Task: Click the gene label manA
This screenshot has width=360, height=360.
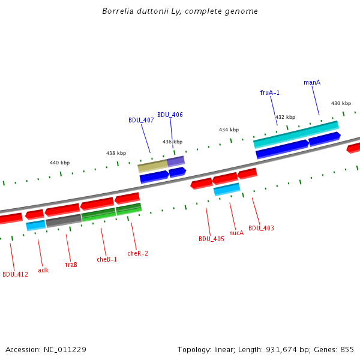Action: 312,82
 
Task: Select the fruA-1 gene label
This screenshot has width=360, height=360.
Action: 269,92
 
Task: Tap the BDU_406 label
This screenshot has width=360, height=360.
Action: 170,115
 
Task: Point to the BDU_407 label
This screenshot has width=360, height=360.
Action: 141,120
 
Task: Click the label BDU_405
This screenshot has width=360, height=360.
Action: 211,239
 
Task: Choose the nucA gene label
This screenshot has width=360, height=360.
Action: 236,233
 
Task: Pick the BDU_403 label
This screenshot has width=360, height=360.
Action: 261,228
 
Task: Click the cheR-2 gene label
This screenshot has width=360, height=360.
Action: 137,253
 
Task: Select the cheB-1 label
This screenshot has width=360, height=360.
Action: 107,259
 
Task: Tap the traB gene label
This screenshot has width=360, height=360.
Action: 71,265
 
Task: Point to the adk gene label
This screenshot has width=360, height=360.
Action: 43,270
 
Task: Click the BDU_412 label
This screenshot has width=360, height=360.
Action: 15,275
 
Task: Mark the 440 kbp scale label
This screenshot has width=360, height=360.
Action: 59,163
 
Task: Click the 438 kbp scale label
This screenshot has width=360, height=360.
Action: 116,153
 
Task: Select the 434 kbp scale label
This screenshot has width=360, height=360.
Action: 229,130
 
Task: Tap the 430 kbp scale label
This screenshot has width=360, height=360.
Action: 341,103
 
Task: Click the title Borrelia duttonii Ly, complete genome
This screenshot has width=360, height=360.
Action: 180,11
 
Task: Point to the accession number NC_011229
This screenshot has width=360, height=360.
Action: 65,349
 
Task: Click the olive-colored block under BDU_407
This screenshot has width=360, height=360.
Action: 152,166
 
